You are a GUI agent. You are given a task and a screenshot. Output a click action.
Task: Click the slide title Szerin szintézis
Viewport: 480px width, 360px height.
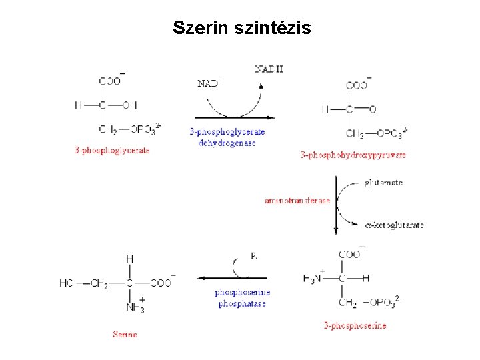[x=241, y=28]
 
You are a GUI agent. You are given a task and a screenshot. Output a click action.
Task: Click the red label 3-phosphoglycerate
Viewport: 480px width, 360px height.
[x=112, y=151]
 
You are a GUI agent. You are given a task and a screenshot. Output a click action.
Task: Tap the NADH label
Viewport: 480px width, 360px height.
[x=269, y=69]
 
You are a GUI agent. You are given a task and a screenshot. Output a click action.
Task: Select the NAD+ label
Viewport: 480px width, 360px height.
[x=210, y=83]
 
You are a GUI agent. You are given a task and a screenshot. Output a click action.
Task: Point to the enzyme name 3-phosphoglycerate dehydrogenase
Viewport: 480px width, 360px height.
[x=227, y=137]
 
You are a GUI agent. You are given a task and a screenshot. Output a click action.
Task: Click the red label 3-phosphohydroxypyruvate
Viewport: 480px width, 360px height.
[x=353, y=155]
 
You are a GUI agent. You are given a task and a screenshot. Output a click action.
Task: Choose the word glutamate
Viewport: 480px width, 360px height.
[x=383, y=183]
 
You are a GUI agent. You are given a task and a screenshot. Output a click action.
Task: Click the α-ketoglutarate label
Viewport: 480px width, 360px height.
[x=395, y=225]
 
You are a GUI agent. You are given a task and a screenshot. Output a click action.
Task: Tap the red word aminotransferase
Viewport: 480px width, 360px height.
[x=297, y=201]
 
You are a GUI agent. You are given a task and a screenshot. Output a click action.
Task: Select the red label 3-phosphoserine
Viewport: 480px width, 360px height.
[x=355, y=326]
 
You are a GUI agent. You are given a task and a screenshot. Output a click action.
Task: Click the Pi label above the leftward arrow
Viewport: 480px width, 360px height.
[x=254, y=256]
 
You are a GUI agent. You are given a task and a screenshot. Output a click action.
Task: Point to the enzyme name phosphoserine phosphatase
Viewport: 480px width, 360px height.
[x=242, y=298]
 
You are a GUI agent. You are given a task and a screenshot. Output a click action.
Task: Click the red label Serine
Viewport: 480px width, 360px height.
[x=125, y=335]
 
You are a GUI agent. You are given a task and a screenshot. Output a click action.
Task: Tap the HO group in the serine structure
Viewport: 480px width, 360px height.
[x=67, y=283]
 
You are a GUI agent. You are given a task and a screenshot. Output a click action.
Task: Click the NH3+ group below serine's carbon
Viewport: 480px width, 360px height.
[x=135, y=307]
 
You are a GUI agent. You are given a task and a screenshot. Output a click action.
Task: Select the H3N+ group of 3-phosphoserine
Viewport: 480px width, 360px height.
[x=313, y=278]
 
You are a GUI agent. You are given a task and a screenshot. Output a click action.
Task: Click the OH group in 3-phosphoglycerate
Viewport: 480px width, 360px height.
[x=129, y=105]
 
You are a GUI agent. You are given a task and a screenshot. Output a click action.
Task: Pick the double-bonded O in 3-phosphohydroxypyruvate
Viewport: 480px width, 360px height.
[x=372, y=109]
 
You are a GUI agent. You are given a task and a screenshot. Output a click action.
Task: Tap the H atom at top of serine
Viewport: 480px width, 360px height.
[x=129, y=259]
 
